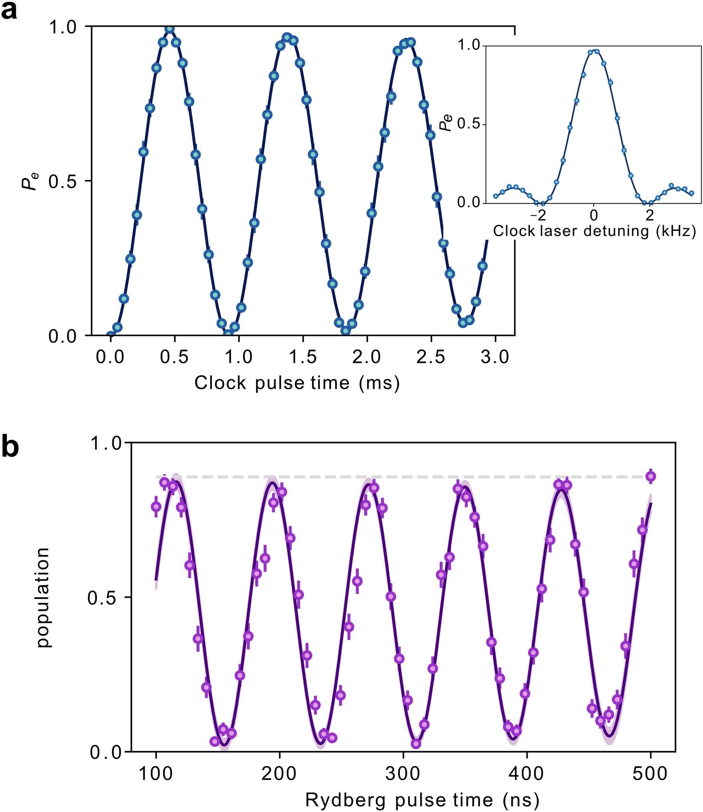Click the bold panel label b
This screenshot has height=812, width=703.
click(x=10, y=448)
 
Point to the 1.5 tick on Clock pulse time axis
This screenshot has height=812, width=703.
click(x=303, y=357)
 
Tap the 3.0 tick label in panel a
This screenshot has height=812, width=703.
click(x=495, y=357)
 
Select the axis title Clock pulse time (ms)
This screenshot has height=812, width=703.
click(x=297, y=383)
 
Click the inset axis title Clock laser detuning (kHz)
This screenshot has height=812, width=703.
click(x=594, y=231)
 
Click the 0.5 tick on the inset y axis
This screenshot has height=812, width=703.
click(x=469, y=125)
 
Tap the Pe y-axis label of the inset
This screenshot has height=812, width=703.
click(x=446, y=122)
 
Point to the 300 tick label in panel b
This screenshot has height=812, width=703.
click(x=403, y=774)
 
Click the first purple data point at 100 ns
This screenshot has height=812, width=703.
click(x=156, y=506)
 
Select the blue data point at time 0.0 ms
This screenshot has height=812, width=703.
click(x=111, y=336)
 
